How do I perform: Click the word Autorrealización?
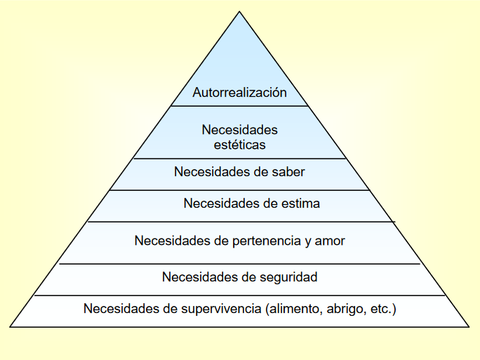(239, 93)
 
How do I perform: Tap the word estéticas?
(239, 145)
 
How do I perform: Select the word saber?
(289, 171)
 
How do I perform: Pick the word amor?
(329, 241)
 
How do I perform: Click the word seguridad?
(287, 277)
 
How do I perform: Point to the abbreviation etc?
(380, 308)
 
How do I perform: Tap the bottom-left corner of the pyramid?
(11, 326)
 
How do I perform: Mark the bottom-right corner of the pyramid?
(469, 326)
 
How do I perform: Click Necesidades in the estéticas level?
(239, 130)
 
